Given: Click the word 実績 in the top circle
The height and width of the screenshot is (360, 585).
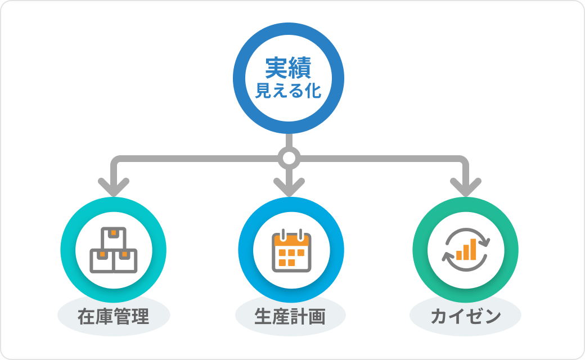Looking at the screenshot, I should [x=288, y=69].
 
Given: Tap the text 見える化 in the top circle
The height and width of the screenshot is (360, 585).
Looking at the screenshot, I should [x=288, y=91].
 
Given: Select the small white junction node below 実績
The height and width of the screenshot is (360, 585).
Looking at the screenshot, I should [x=289, y=159].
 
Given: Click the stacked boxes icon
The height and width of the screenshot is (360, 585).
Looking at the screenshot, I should [x=114, y=250].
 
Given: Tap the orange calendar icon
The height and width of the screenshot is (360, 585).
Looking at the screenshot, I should [x=291, y=251].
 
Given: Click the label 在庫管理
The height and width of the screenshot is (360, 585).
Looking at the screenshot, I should [x=114, y=317].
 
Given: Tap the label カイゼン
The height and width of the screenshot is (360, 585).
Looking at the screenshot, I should [x=465, y=317].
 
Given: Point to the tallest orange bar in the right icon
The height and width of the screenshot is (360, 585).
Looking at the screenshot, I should [x=473, y=249].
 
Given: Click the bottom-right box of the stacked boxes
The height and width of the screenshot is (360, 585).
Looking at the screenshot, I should [x=125, y=261].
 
